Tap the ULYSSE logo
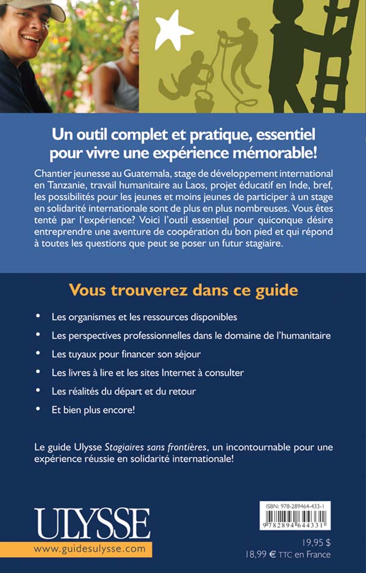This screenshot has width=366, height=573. pos(92,524)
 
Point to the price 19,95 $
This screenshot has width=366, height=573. pos(317,542)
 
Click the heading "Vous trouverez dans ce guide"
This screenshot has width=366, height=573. pos(183,290)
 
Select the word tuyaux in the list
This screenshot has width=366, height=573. pos(82,353)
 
